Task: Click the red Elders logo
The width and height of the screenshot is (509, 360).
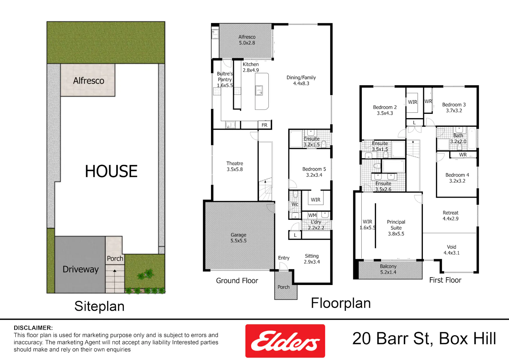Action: (x=285, y=341)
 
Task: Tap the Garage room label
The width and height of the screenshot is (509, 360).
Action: (x=238, y=238)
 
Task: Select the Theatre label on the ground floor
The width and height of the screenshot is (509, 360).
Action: (x=235, y=166)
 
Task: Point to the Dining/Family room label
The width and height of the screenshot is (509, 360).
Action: (x=301, y=80)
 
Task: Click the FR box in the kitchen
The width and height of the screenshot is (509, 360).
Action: (x=264, y=125)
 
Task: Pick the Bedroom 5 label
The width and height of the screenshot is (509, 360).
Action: (x=314, y=172)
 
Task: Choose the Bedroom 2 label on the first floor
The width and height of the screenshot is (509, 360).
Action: (x=385, y=110)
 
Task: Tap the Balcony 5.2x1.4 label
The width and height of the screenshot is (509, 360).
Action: (x=388, y=269)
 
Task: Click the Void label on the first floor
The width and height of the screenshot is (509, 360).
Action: (x=452, y=250)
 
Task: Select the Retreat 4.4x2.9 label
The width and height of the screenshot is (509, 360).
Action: (x=450, y=216)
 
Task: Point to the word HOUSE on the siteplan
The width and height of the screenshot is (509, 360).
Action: (x=111, y=171)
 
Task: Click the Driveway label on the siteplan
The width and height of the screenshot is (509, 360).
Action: (x=81, y=269)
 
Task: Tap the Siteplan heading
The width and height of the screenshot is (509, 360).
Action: (x=99, y=306)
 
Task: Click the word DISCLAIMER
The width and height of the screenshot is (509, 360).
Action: (x=33, y=328)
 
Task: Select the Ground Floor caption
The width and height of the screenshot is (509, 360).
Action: (x=237, y=281)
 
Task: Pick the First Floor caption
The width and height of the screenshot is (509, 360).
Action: (x=445, y=280)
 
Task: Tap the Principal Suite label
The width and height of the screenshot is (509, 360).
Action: (x=396, y=228)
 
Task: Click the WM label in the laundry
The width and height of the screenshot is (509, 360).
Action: (x=312, y=215)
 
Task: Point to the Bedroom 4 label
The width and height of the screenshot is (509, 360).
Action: (x=457, y=178)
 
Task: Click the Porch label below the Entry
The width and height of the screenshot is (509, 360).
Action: (x=284, y=287)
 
